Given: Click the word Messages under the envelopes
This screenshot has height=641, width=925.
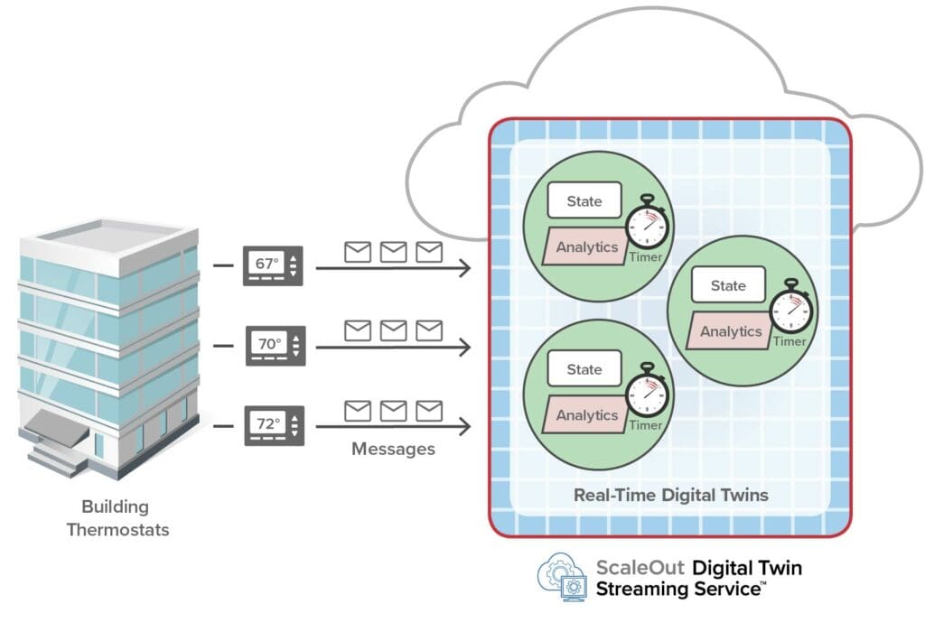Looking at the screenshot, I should point(393,449).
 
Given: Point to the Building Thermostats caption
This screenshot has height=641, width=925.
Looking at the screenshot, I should point(117,517).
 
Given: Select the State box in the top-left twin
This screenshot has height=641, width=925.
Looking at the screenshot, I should point(584,201).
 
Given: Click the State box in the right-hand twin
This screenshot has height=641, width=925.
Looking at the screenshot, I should point(728,285).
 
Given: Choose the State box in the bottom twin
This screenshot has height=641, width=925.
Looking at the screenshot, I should point(584,369).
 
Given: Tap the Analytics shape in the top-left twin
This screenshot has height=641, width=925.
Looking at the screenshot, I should point(586,246).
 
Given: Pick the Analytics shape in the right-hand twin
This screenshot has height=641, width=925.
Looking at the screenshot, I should point(730,331).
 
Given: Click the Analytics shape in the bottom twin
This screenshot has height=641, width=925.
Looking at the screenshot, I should point(586,415).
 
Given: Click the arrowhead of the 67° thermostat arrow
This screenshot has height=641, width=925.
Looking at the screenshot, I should point(466,267).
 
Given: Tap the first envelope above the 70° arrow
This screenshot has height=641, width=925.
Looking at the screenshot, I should point(358,330).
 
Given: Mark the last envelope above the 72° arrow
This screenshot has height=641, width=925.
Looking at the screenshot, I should point(429,412).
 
